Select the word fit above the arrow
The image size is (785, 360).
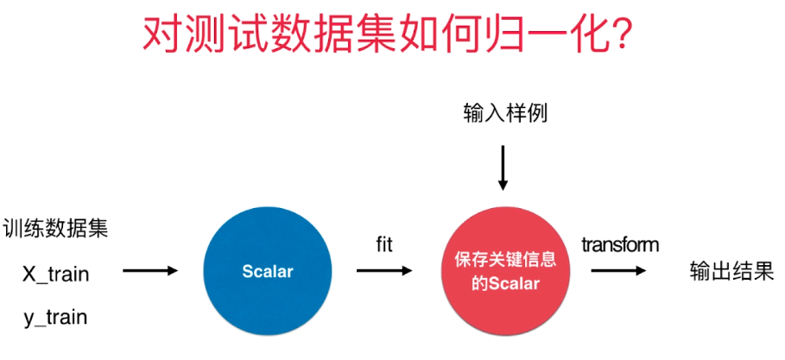tap(384, 245)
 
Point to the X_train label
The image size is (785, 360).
tap(56, 274)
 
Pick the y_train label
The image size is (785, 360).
tap(56, 317)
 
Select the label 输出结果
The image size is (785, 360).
tap(731, 271)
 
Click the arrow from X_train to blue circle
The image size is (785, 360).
tap(150, 271)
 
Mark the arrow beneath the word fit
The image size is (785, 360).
tap(384, 270)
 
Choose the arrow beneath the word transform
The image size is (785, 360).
tap(619, 270)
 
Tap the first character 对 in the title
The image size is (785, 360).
tap(164, 35)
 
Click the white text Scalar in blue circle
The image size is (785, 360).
tap(267, 272)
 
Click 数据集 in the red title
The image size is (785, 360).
tap(355, 35)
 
